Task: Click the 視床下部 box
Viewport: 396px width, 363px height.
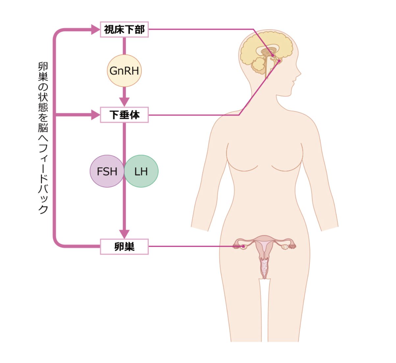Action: click(x=124, y=30)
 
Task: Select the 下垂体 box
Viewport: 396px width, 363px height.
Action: click(x=124, y=115)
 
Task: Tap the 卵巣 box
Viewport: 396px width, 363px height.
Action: click(x=124, y=246)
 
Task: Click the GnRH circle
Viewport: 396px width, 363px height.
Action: click(x=124, y=70)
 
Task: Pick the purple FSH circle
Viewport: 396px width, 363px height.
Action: click(x=106, y=171)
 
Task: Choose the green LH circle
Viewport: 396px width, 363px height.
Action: click(x=142, y=171)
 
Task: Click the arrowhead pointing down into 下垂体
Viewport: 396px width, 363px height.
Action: click(x=124, y=101)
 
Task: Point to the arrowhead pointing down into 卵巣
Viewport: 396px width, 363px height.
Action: click(x=124, y=234)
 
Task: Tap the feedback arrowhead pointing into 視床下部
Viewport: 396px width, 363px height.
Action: click(x=95, y=30)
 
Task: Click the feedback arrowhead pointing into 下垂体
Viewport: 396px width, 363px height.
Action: click(x=95, y=115)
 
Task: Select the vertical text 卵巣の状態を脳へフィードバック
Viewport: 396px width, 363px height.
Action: click(x=43, y=138)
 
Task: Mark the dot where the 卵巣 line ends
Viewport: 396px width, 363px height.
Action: click(x=243, y=246)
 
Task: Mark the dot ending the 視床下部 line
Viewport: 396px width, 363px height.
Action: click(x=273, y=55)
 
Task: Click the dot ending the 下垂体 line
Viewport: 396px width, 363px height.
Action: click(x=279, y=61)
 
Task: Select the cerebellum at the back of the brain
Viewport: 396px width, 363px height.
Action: click(x=259, y=65)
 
